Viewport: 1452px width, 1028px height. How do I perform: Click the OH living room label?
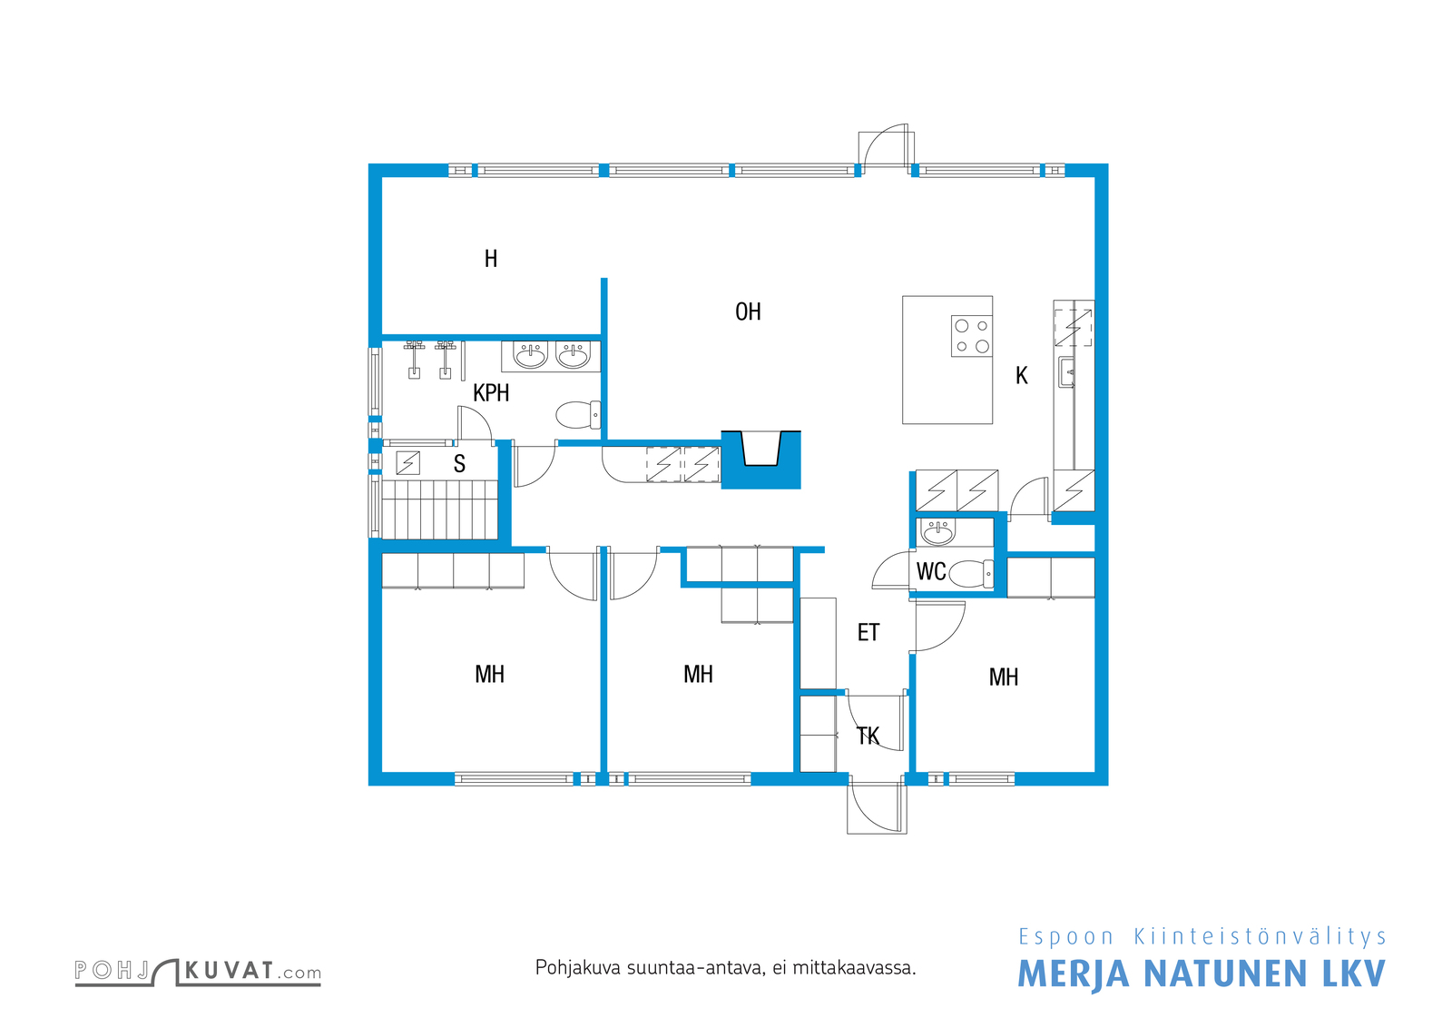pyautogui.click(x=748, y=312)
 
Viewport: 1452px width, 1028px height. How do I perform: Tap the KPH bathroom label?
pyautogui.click(x=491, y=393)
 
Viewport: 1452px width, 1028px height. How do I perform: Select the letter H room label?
pyautogui.click(x=491, y=259)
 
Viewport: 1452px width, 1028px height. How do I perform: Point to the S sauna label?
pyautogui.click(x=459, y=464)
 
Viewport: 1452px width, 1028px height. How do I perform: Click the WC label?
pyautogui.click(x=931, y=571)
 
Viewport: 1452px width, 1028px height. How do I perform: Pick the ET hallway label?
pyautogui.click(x=868, y=632)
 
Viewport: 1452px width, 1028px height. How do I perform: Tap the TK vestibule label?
pyautogui.click(x=868, y=736)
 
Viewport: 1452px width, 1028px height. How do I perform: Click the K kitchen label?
pyautogui.click(x=1022, y=376)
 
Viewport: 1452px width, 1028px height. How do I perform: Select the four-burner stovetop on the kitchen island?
pyautogui.click(x=972, y=336)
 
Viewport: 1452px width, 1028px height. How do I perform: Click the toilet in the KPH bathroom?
pyautogui.click(x=578, y=415)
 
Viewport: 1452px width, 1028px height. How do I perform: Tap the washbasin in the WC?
pyautogui.click(x=938, y=533)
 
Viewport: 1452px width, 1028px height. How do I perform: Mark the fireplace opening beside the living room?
pyautogui.click(x=761, y=449)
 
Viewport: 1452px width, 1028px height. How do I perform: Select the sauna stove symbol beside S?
pyautogui.click(x=407, y=463)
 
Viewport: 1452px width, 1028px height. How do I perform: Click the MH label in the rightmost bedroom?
pyautogui.click(x=1003, y=677)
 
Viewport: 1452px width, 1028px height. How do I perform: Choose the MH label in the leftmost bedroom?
pyautogui.click(x=489, y=675)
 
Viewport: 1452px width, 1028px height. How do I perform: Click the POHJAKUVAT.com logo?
pyautogui.click(x=198, y=972)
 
